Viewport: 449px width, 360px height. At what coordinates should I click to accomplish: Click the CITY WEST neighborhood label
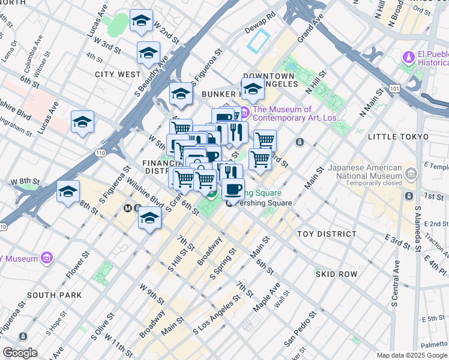(x=118, y=74)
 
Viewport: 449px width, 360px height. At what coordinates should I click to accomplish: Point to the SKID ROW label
(x=336, y=274)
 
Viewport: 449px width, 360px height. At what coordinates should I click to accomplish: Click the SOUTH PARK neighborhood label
(x=54, y=295)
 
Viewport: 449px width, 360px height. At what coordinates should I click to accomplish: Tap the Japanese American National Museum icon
(x=411, y=175)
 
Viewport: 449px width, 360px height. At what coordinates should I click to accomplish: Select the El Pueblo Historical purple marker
(x=409, y=58)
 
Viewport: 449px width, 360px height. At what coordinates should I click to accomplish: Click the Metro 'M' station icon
(x=128, y=208)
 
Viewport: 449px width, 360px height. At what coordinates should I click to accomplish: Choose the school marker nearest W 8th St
(x=68, y=191)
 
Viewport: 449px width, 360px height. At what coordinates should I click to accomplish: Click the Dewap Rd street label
(x=260, y=22)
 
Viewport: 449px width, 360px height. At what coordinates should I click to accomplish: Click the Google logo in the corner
(x=20, y=353)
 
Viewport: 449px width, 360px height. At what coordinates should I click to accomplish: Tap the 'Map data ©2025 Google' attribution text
(x=411, y=355)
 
